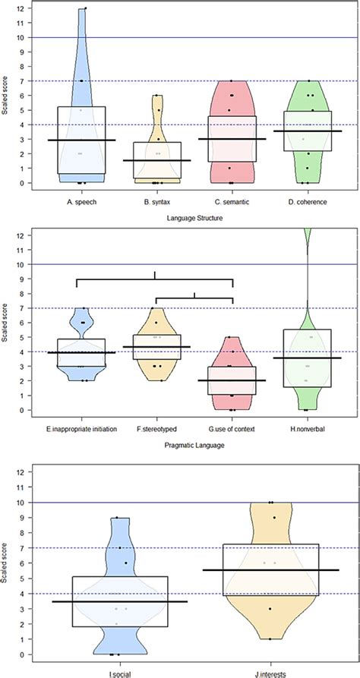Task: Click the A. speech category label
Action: [x=81, y=203]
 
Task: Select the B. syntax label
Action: [x=156, y=203]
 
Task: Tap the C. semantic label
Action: [x=232, y=203]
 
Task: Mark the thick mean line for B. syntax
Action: [x=156, y=161]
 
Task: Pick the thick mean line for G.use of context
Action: [x=232, y=380]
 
